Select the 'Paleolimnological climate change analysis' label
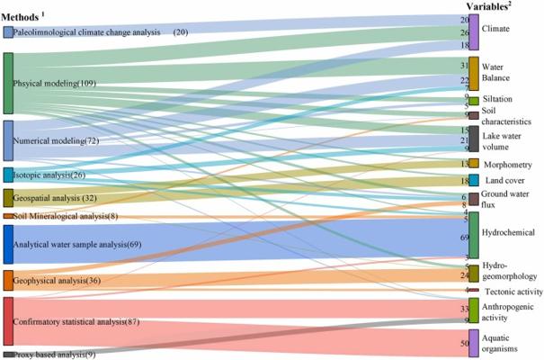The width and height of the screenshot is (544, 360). (91, 32)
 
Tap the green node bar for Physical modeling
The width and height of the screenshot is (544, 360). (8, 84)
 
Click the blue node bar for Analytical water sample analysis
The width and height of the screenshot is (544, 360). (8, 244)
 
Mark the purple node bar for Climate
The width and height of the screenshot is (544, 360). (474, 31)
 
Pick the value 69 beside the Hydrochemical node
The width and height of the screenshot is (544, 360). (465, 238)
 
